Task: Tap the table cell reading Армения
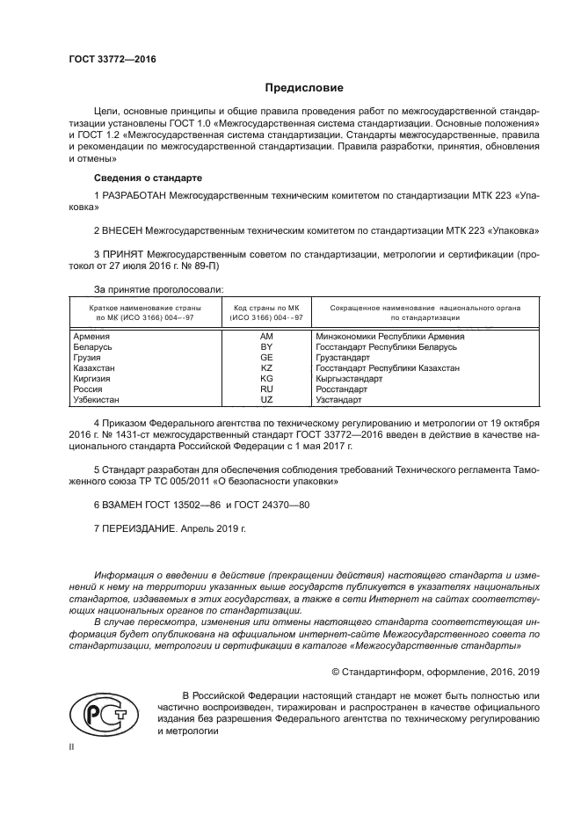point(92,337)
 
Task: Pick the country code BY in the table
point(267,347)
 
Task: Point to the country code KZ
point(267,368)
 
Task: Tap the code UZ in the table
point(267,399)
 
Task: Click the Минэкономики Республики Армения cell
point(389,337)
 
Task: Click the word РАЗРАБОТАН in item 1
point(136,193)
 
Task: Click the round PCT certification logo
point(103,710)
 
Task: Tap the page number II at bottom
point(72,746)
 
